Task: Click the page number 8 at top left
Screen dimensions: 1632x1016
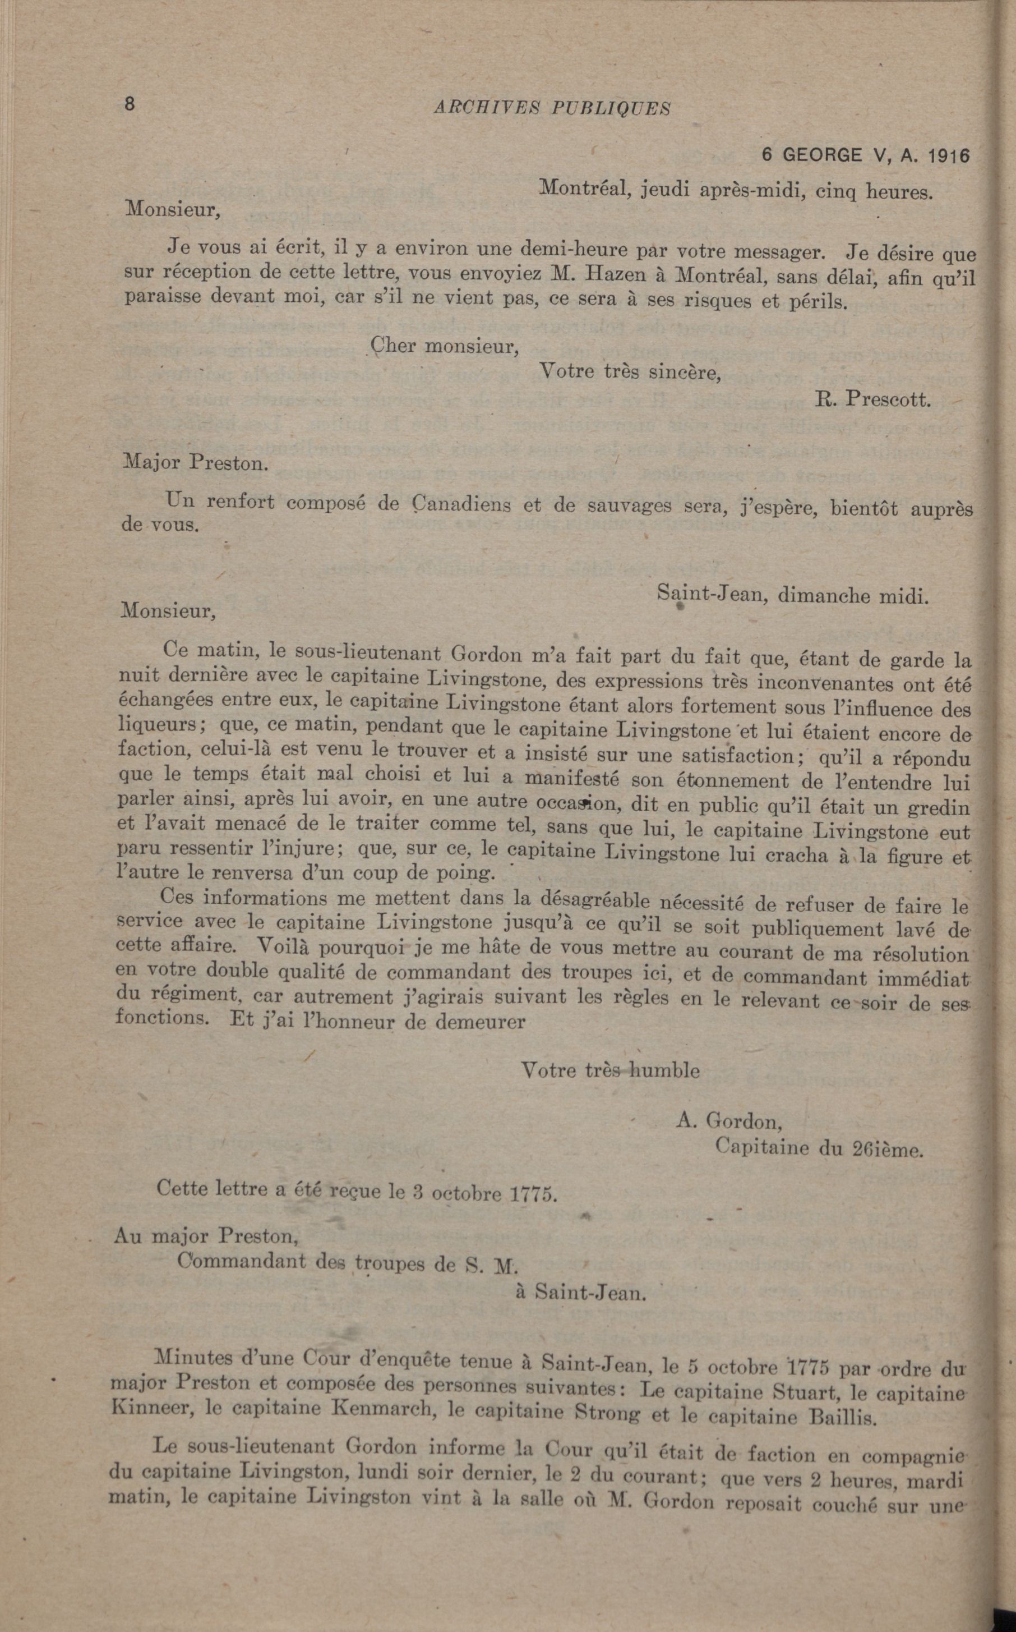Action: pos(130,104)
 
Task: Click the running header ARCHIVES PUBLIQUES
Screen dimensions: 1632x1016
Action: pos(552,108)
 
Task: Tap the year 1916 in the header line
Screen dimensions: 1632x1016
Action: pos(948,156)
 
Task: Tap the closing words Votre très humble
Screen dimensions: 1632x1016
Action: pos(610,1070)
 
